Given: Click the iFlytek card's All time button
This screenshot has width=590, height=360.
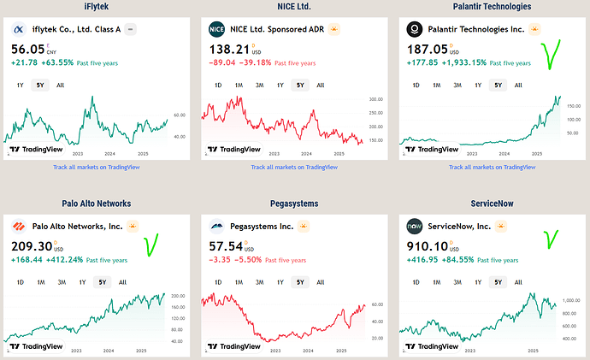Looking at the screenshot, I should [61, 85].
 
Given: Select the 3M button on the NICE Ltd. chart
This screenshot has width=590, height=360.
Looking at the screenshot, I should [259, 85].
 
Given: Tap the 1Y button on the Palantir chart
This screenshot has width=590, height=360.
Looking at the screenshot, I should [477, 85].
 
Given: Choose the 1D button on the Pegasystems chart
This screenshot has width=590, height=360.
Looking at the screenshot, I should [217, 281].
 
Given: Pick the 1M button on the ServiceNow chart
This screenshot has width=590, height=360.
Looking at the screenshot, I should [436, 281].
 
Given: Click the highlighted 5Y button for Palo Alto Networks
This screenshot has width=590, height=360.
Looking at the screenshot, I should [103, 281].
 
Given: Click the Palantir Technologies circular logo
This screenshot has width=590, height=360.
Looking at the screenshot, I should [414, 29].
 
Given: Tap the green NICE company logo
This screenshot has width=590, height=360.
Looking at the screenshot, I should [216, 29].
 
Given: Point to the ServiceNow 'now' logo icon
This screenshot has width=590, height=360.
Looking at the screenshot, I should [414, 227].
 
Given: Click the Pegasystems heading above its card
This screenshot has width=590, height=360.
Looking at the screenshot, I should [294, 204].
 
